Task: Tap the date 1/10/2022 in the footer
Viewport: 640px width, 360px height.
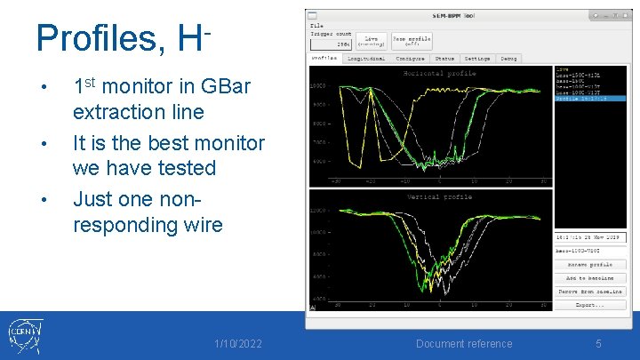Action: coord(238,344)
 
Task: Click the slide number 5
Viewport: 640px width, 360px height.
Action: coord(598,344)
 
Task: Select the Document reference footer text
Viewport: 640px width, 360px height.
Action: coord(464,344)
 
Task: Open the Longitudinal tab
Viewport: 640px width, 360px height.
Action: coord(366,59)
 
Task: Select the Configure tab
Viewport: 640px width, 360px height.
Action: coord(410,59)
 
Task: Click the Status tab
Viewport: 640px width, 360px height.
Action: coord(444,59)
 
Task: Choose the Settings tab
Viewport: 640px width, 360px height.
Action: coord(477,59)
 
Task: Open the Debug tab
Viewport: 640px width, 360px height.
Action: coord(508,59)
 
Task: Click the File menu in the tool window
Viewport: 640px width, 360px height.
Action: coord(317,26)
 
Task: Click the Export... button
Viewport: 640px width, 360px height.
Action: coord(590,304)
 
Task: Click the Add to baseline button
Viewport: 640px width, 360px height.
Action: coord(590,278)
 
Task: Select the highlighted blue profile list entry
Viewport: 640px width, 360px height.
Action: coord(589,99)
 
